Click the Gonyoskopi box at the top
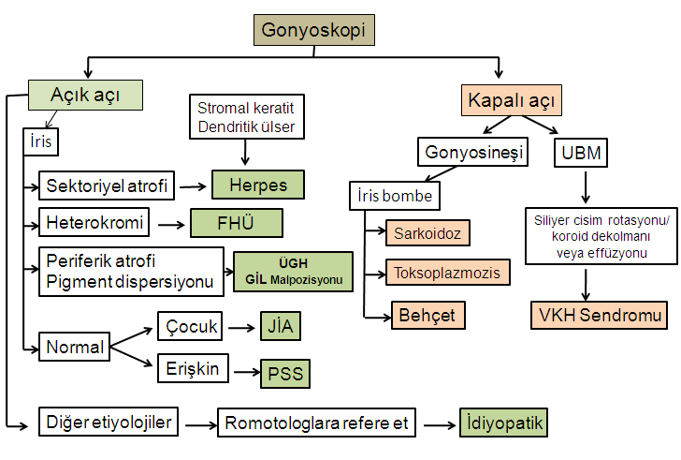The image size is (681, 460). click(315, 30)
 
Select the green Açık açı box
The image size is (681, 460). click(85, 95)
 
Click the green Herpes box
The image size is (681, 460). click(258, 185)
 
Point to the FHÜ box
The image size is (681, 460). click(236, 224)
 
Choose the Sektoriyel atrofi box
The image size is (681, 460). click(107, 186)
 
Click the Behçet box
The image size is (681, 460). click(427, 315)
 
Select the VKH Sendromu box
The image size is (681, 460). click(600, 315)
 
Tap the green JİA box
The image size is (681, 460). click(281, 327)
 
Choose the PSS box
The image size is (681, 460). click(284, 373)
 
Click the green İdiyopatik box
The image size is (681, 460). click(503, 423)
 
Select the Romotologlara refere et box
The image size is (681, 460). click(315, 423)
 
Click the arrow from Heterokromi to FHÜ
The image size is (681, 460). click(171, 225)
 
